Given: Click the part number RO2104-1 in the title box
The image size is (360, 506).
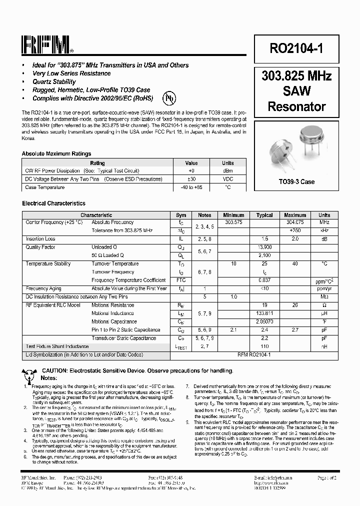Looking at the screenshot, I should click(x=296, y=49).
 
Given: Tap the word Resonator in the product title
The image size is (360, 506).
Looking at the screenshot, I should click(x=296, y=106).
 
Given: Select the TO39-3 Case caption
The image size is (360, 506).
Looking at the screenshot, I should click(x=296, y=181).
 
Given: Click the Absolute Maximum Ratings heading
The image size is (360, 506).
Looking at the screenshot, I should click(x=56, y=154).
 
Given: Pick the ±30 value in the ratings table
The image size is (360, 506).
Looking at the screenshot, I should click(x=191, y=179).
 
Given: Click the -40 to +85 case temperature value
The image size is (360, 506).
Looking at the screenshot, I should click(x=191, y=187).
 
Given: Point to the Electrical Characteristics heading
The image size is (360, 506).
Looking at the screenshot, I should click(x=53, y=203).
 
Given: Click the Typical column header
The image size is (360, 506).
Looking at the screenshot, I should click(x=264, y=215).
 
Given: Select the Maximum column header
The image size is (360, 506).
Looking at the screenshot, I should click(x=295, y=215).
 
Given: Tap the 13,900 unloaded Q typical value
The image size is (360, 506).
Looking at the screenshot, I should click(x=264, y=247).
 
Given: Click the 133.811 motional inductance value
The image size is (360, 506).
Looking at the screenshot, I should click(x=264, y=313).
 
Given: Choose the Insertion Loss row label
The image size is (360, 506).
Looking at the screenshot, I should click(x=40, y=239).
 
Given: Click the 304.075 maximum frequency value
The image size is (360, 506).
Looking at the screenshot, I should click(x=295, y=222).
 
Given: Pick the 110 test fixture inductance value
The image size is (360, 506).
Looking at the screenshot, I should click(x=264, y=346).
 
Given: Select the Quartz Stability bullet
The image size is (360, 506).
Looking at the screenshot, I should click(x=54, y=81).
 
